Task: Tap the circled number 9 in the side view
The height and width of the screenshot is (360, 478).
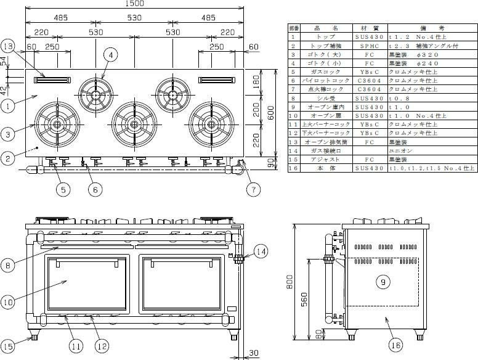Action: point(383,282)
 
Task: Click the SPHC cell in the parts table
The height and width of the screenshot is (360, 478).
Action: point(359,46)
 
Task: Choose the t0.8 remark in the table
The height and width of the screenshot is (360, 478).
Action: point(397,97)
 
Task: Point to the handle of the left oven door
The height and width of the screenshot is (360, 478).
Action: point(87,262)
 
